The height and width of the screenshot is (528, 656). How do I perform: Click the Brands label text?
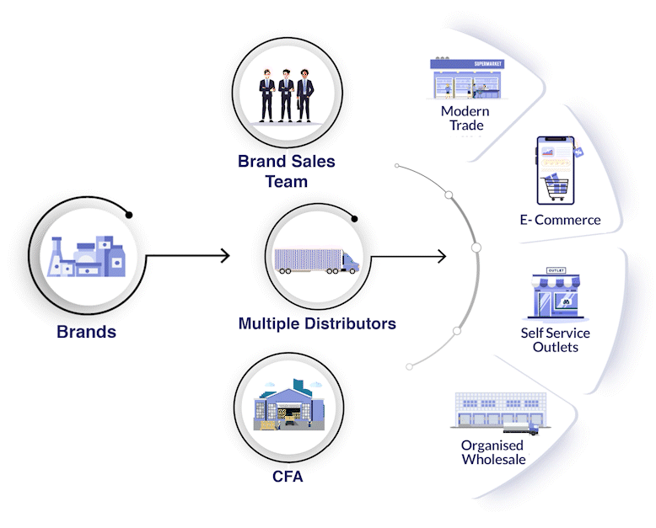click(x=86, y=332)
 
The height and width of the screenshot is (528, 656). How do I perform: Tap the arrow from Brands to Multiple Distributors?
click(x=188, y=256)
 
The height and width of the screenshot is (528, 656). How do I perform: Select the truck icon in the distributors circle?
click(x=317, y=262)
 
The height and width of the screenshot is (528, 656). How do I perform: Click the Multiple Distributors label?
click(x=317, y=323)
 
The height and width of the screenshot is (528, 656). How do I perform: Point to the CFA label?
click(x=288, y=476)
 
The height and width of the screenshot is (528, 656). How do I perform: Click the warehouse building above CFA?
click(x=289, y=405)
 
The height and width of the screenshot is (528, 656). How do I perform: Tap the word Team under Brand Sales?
click(x=287, y=182)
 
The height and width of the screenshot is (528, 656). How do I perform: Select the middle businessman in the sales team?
click(x=286, y=96)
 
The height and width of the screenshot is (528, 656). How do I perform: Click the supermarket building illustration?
click(x=467, y=78)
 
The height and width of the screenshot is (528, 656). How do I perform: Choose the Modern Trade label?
click(x=465, y=118)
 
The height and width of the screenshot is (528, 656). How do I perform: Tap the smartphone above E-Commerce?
click(x=556, y=170)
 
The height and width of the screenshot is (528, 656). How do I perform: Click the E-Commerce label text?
click(x=560, y=220)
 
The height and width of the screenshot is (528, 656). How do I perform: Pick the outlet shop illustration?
click(x=556, y=294)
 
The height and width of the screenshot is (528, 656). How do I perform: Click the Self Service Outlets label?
click(x=555, y=340)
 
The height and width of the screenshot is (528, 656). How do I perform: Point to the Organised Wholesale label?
click(x=493, y=452)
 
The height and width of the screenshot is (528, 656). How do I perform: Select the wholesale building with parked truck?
click(x=500, y=413)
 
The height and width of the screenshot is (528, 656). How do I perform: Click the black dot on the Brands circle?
click(x=129, y=215)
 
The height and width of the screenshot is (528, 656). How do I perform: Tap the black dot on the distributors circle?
click(x=354, y=219)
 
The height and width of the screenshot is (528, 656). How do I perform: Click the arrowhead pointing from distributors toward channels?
click(x=442, y=256)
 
